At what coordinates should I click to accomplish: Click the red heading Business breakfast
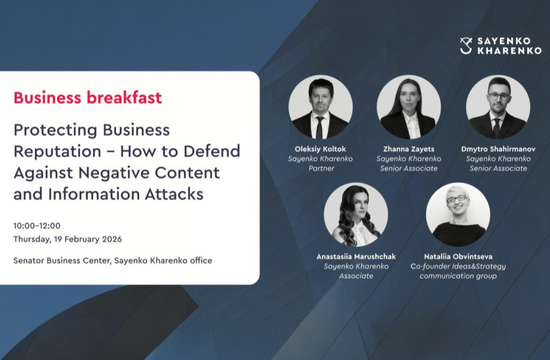88,98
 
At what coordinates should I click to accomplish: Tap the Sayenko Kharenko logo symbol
466,46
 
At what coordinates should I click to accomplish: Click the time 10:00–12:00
37,226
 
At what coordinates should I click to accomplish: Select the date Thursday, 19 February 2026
68,239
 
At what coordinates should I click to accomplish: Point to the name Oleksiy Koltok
320,149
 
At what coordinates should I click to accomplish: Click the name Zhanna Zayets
409,149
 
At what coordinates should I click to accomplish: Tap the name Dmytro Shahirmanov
498,149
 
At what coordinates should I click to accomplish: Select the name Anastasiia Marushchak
356,256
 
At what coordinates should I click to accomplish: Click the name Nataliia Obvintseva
458,256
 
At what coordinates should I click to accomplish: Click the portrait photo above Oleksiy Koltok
321,107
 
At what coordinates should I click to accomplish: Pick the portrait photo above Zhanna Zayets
409,107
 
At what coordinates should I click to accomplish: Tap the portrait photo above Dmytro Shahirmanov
498,107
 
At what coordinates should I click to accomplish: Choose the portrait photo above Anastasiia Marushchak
356,214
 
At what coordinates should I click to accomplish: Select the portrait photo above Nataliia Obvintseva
458,214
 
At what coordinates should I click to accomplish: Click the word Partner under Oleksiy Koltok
321,168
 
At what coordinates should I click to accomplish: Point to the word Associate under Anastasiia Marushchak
356,276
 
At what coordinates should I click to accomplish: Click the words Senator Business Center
62,261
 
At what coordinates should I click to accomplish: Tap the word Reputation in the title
57,151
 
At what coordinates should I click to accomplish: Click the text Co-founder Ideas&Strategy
458,267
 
